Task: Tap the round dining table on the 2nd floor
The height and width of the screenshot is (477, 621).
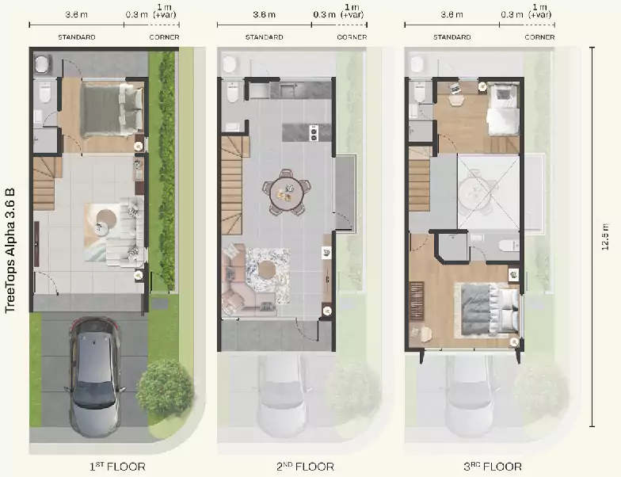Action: (x=286, y=193)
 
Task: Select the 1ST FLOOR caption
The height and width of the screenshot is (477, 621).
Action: (x=117, y=467)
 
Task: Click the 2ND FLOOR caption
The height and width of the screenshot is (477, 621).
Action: (x=305, y=467)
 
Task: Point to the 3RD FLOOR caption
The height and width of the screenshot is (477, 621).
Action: (x=493, y=467)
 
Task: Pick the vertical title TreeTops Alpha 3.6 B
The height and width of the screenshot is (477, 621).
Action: (x=10, y=250)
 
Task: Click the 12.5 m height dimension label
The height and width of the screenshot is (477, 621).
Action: (x=605, y=238)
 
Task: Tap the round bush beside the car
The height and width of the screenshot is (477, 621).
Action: (x=165, y=388)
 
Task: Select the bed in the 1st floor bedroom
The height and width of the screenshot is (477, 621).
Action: (x=112, y=109)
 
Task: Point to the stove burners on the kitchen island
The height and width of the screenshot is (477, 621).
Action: (x=314, y=132)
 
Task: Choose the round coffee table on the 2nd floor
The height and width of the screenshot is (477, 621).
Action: (x=267, y=269)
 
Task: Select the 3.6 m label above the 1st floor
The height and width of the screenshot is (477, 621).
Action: (x=76, y=14)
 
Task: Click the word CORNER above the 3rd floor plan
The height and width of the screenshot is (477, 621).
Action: (x=539, y=37)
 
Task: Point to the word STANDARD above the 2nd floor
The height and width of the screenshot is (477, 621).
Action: (x=265, y=37)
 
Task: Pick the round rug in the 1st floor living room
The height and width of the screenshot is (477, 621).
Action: (x=106, y=218)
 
